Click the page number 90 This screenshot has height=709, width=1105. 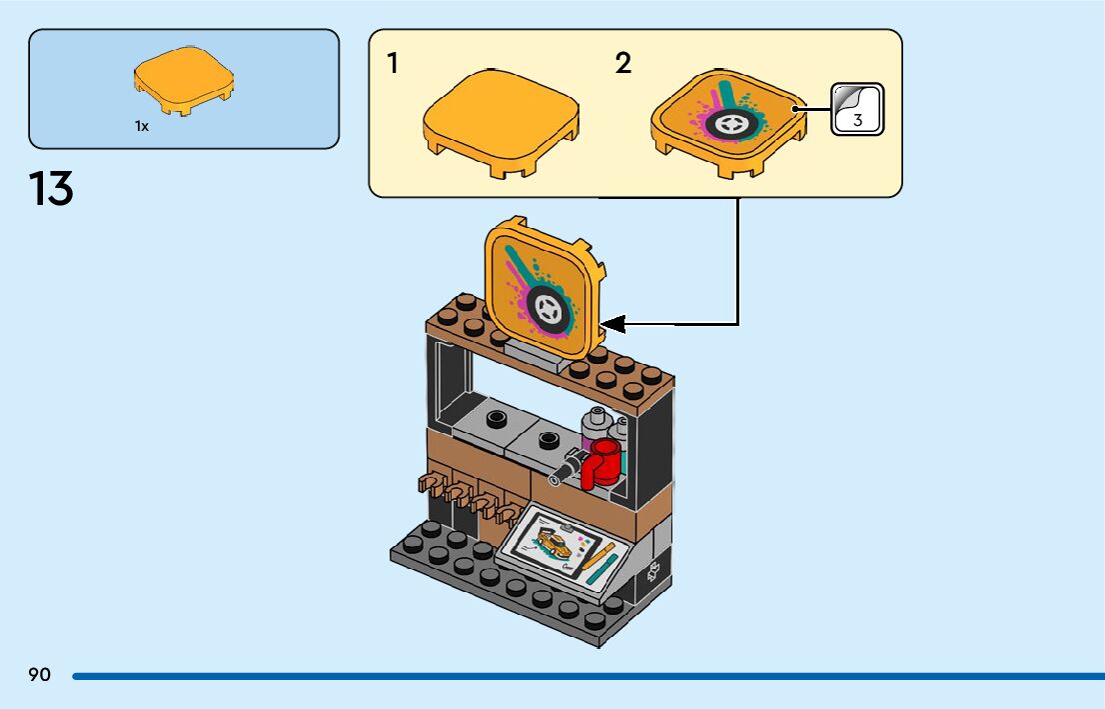[x=40, y=674]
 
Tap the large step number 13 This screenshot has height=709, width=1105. [x=51, y=188]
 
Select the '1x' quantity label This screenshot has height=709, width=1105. [x=142, y=126]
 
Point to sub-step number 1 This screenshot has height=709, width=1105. [x=394, y=63]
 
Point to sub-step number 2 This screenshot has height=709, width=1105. [x=623, y=63]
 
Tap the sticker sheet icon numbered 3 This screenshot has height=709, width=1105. [x=857, y=109]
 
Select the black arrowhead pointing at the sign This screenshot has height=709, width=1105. [x=612, y=325]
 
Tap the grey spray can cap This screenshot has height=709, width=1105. [x=597, y=415]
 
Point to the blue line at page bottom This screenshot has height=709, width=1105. [x=588, y=676]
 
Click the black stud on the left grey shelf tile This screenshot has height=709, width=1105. [x=497, y=418]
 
